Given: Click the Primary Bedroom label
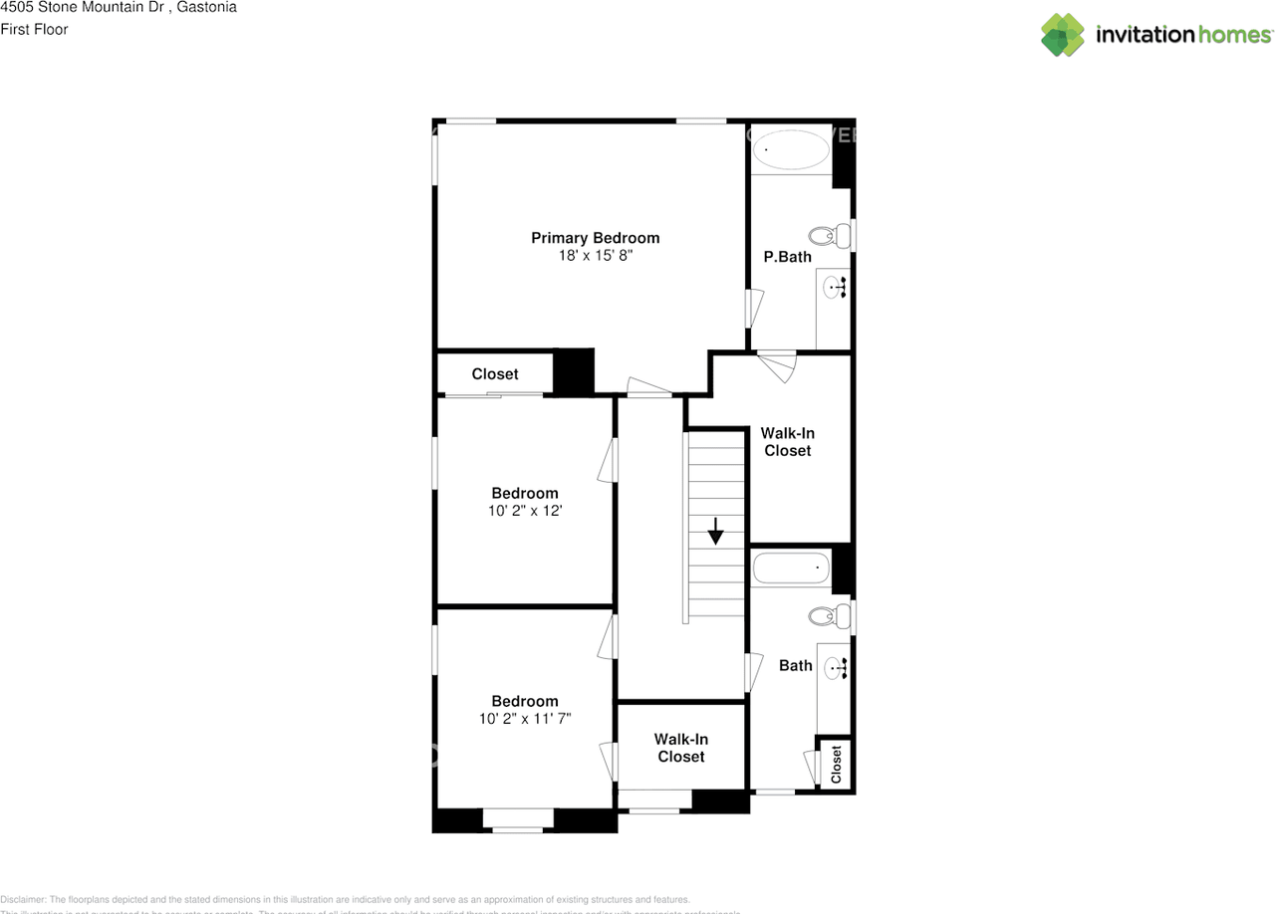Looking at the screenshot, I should [595, 238].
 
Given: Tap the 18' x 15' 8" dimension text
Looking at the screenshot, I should [595, 256].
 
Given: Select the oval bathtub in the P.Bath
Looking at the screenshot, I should [791, 151].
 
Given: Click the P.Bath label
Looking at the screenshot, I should [787, 257].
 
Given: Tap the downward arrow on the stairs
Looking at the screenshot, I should [715, 531].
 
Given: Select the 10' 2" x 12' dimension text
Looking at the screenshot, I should [524, 511].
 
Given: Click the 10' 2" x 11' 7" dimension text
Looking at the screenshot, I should [524, 718].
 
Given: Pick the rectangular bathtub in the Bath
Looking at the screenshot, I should [791, 568].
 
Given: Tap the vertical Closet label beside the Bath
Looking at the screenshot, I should [836, 764].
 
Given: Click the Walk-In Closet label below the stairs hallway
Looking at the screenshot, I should [681, 748].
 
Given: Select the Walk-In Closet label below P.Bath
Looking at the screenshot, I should [787, 442].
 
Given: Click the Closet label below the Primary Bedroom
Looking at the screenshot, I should [495, 374].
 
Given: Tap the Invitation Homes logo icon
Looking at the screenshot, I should [1062, 35].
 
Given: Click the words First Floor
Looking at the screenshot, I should [35, 30].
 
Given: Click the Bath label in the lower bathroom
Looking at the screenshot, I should [795, 665].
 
